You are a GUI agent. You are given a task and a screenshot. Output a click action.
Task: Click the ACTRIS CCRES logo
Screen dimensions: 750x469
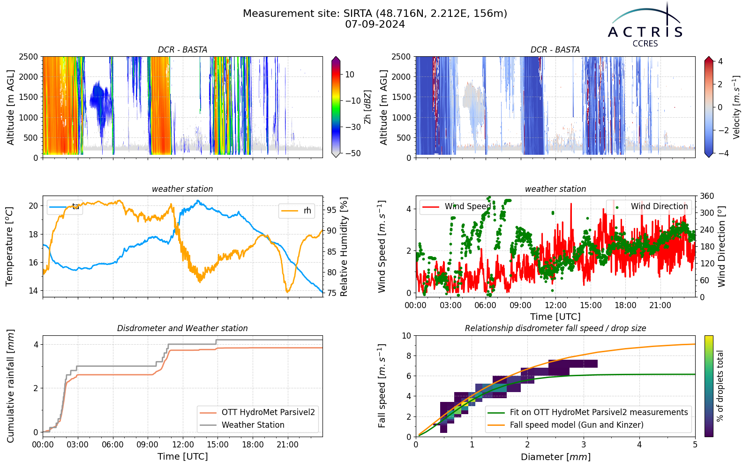(645, 25)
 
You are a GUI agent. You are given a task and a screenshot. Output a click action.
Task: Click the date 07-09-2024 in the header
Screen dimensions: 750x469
(375, 24)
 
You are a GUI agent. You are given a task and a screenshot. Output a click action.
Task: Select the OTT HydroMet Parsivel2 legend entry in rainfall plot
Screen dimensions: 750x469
(257, 412)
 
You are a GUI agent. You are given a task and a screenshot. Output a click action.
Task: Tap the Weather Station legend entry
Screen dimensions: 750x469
(242, 425)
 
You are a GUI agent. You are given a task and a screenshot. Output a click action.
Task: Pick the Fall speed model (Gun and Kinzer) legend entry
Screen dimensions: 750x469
(565, 425)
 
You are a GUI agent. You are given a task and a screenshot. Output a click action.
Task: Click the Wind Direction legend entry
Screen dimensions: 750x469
(649, 206)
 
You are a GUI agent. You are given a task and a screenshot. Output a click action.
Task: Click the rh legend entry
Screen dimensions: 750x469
(296, 211)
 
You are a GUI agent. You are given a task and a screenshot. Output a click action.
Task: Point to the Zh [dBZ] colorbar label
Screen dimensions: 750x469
(367, 106)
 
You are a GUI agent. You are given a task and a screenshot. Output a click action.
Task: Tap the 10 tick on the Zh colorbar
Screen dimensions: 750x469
(350, 75)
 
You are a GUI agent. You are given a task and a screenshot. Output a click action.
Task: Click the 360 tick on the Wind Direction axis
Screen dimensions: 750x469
(707, 196)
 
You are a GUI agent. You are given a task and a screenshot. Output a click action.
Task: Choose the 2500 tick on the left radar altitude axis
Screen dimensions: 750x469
(29, 57)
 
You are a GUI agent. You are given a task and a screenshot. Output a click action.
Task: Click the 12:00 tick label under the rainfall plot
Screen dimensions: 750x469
(183, 445)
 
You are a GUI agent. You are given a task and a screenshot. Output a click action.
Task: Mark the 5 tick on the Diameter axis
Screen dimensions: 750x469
(695, 445)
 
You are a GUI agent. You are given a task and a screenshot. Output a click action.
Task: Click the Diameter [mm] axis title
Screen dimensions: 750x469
(555, 457)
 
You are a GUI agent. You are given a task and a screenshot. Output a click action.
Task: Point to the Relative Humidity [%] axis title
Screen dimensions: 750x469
(344, 247)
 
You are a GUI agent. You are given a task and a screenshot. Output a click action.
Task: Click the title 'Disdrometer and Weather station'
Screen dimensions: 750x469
(182, 328)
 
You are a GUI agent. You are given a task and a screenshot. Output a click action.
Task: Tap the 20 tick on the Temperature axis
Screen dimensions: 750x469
(33, 206)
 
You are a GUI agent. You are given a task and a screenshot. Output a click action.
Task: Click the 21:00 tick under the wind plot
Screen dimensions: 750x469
(660, 305)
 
